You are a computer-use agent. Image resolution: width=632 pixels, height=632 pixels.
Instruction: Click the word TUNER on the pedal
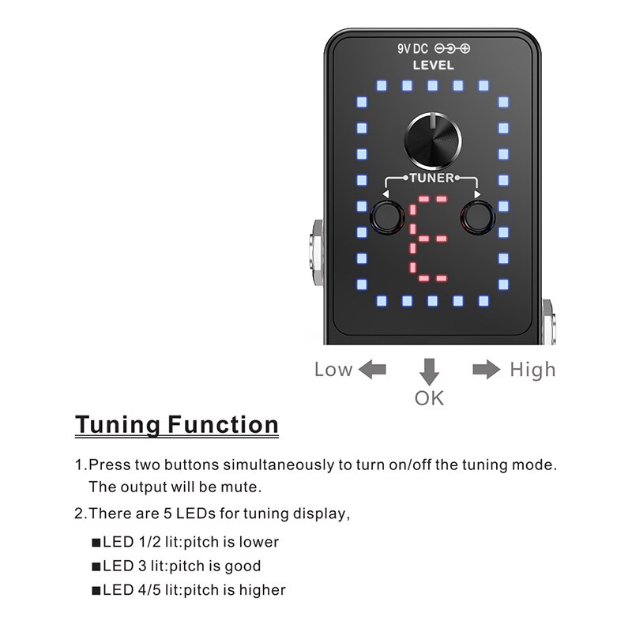tap(432, 178)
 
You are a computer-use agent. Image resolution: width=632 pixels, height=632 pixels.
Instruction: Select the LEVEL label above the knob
tap(434, 66)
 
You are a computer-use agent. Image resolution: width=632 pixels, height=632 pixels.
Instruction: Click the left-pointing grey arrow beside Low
tap(372, 369)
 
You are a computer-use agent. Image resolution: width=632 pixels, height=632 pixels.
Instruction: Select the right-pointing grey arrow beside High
tap(487, 369)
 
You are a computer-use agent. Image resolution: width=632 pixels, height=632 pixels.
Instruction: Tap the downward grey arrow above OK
tap(429, 371)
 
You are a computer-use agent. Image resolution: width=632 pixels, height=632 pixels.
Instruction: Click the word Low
tap(333, 369)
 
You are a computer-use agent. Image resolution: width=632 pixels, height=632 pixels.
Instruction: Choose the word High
tap(532, 369)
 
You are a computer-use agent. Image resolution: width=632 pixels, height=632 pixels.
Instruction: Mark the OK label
tap(429, 397)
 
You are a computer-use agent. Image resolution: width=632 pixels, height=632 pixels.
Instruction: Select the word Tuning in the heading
tap(118, 424)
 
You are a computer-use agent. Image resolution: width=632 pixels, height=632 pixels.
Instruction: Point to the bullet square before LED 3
tap(96, 566)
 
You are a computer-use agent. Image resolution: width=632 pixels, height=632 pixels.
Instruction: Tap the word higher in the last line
tap(262, 590)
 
